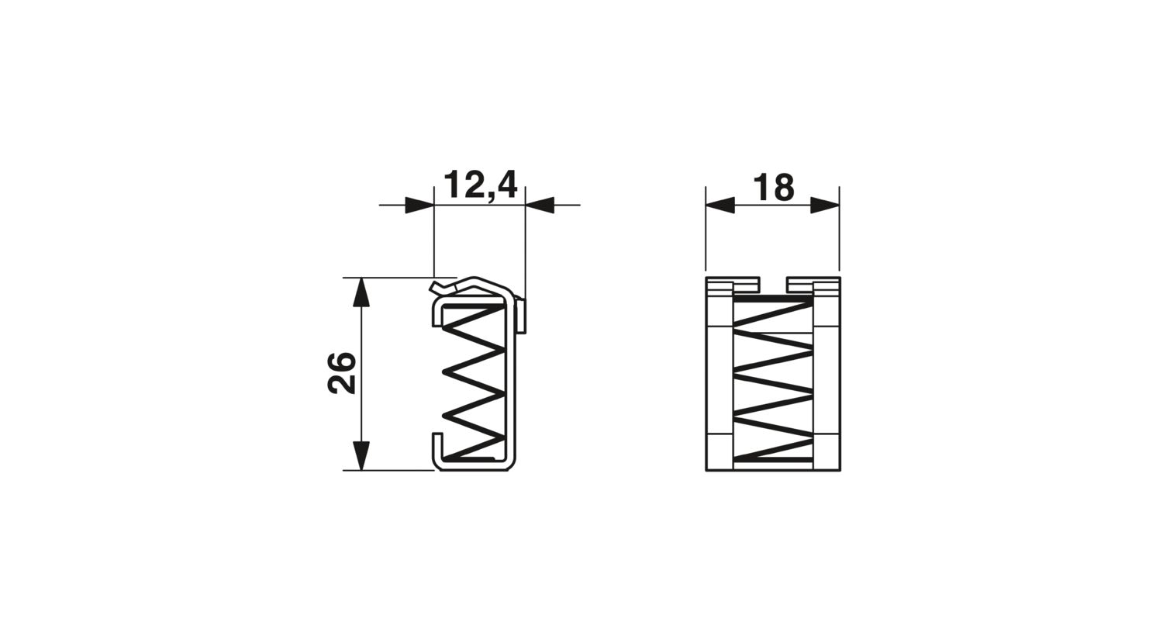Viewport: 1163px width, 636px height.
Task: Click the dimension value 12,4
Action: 481,185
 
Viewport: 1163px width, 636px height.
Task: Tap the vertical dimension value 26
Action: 342,373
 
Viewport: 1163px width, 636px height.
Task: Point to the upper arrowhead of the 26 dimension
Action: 361,292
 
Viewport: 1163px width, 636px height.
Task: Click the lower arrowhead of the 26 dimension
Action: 361,455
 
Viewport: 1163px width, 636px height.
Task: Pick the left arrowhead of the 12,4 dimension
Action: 419,205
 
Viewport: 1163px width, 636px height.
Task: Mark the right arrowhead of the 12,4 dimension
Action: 540,205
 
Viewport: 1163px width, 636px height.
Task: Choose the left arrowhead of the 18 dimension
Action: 720,205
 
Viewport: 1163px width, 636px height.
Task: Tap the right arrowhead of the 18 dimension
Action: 825,205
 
